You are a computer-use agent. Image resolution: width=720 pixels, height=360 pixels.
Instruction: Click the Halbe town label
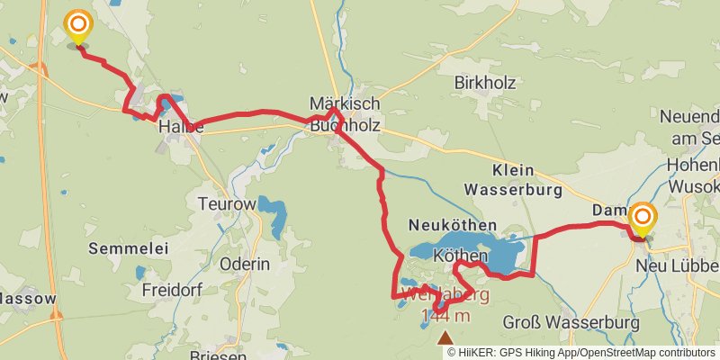tap(180, 128)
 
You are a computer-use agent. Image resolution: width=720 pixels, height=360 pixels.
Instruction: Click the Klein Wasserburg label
tap(513, 180)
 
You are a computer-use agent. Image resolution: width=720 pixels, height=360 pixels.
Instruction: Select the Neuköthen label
tap(452, 223)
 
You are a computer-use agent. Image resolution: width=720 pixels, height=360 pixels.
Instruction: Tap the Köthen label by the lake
tap(460, 256)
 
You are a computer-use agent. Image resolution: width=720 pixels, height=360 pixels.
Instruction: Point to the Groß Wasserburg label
tap(571, 322)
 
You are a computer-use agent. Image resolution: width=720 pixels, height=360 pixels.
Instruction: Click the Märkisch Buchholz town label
tap(346, 114)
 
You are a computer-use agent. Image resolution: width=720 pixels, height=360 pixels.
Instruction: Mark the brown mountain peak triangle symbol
tap(445, 337)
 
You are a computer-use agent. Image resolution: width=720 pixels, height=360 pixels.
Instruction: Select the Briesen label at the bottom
tap(218, 355)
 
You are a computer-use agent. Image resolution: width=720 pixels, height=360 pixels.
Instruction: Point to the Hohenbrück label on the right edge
tap(693, 166)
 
